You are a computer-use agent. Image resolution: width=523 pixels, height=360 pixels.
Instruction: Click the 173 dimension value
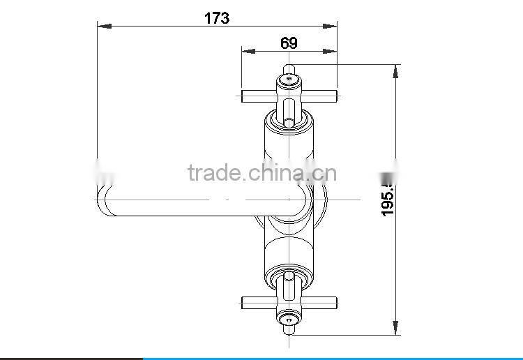pos(216,19)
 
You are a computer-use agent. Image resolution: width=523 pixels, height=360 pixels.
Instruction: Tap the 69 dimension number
pos(289,43)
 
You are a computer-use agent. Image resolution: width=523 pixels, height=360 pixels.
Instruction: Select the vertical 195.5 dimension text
pos(388,197)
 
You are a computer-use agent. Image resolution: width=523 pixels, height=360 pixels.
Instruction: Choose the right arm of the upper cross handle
pos(321,96)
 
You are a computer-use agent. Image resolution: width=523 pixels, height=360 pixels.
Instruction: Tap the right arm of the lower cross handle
pos(321,302)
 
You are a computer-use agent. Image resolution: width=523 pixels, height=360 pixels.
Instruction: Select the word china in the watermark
pos(278,172)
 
